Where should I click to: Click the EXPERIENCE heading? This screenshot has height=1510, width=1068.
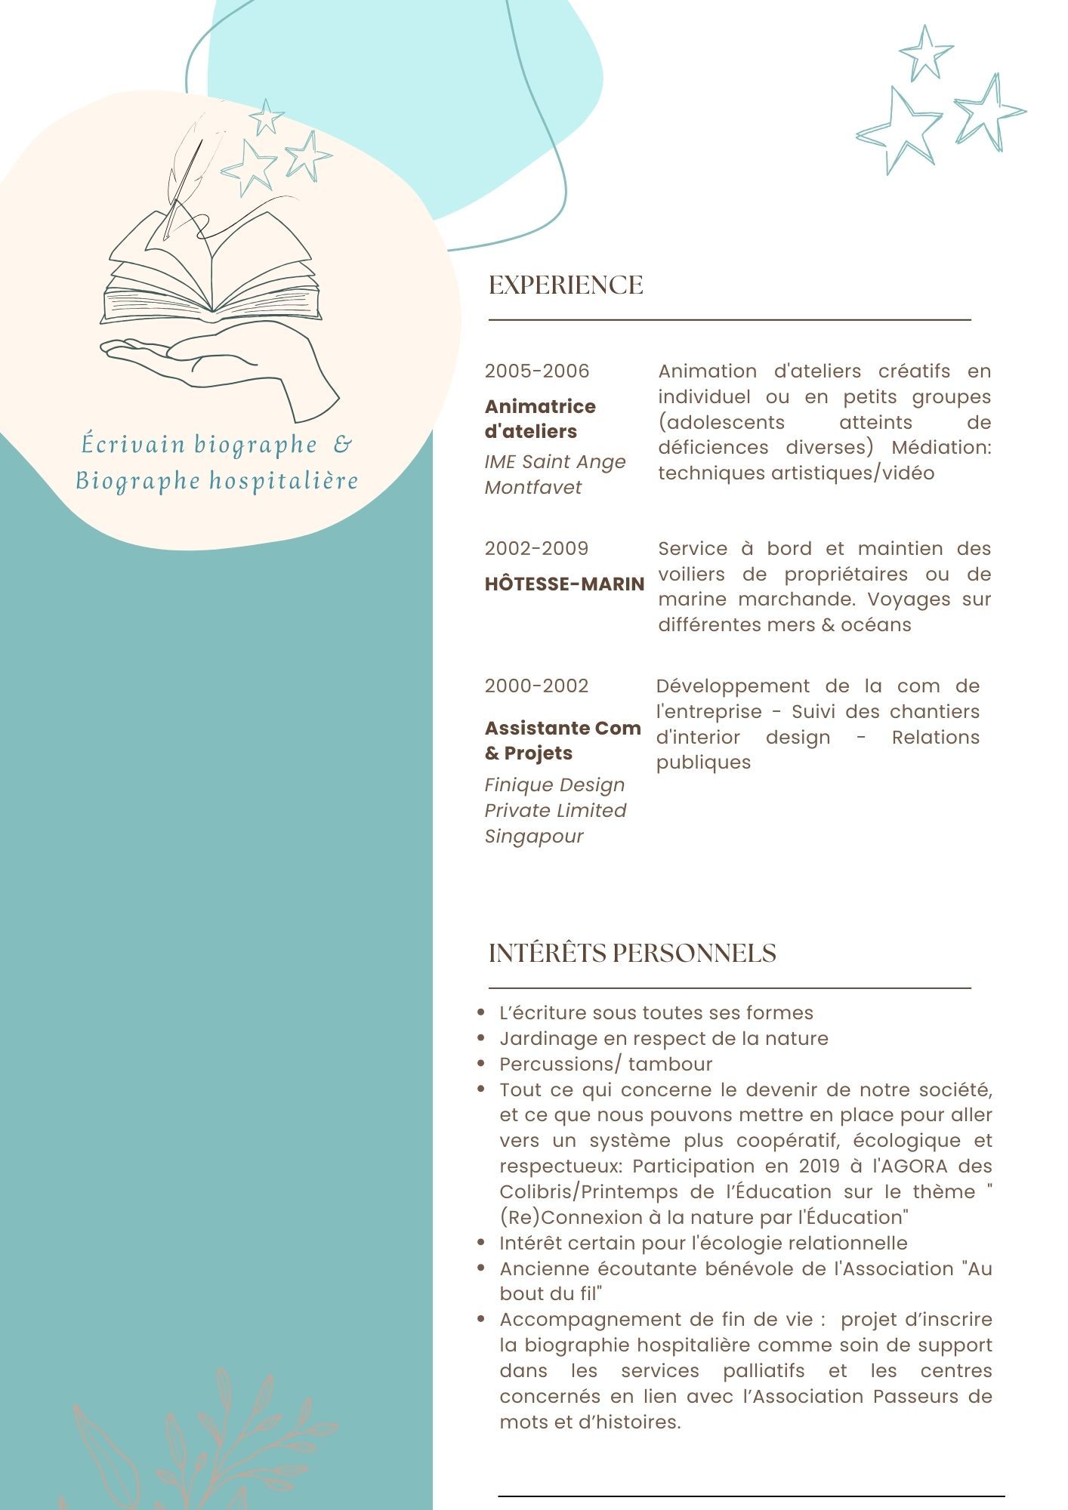coord(566,285)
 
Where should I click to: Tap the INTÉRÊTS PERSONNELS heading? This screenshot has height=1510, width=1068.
coord(632,953)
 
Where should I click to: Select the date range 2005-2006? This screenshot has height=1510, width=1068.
coord(537,371)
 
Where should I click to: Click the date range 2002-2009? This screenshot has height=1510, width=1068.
coord(536,549)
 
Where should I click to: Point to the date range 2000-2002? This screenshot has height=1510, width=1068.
coord(536,686)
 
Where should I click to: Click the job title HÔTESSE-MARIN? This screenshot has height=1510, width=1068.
coord(564,584)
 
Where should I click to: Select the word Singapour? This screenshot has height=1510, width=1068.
coord(534,837)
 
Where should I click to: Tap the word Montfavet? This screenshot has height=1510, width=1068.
coord(533,488)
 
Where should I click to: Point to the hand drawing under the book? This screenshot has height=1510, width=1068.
coord(227,366)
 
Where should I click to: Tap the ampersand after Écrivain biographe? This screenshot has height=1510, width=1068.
coord(342,444)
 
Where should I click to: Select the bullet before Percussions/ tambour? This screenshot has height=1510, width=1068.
coord(481,1064)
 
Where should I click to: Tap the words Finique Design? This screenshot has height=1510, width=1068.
coord(554,785)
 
